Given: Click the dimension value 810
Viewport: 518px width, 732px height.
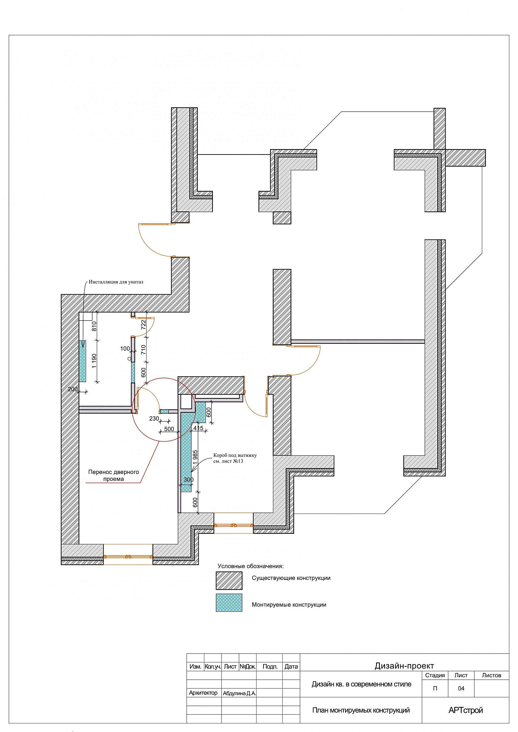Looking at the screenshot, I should [94, 326].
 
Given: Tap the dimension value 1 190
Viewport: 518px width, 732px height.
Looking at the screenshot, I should [94, 361].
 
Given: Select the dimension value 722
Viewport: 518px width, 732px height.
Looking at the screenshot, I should [144, 324].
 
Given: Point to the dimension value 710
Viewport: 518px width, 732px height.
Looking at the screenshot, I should [144, 350].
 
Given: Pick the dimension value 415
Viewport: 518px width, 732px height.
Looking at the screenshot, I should [198, 428].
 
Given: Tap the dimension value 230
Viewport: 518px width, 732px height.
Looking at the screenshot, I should [154, 419].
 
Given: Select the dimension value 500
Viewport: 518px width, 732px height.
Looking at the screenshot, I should [169, 429].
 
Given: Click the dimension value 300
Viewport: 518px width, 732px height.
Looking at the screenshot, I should [189, 479].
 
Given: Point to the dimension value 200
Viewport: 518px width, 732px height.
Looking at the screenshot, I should [73, 389].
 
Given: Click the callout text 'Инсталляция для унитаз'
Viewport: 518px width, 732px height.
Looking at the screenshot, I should [116, 282].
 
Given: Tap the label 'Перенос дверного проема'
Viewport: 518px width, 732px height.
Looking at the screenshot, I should [114, 475].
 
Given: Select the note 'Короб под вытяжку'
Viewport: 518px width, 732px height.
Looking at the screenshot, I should [235, 455].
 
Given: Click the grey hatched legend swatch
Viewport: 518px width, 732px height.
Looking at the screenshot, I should [229, 580].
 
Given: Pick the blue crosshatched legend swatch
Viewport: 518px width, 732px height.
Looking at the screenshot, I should [229, 602].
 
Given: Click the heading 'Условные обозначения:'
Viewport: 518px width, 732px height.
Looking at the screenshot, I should [250, 566].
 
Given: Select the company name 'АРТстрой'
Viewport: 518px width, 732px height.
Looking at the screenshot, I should [465, 710].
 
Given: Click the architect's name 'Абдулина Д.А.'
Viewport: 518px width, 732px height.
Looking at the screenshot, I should [239, 693].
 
